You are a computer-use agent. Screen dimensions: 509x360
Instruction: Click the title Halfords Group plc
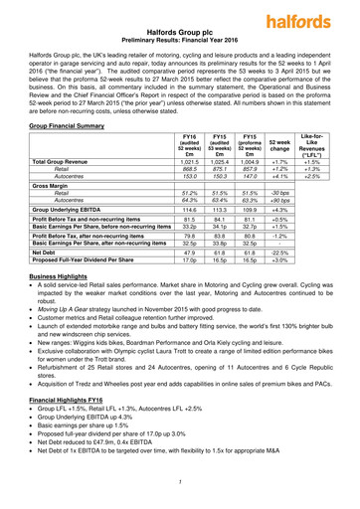point(181,33)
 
